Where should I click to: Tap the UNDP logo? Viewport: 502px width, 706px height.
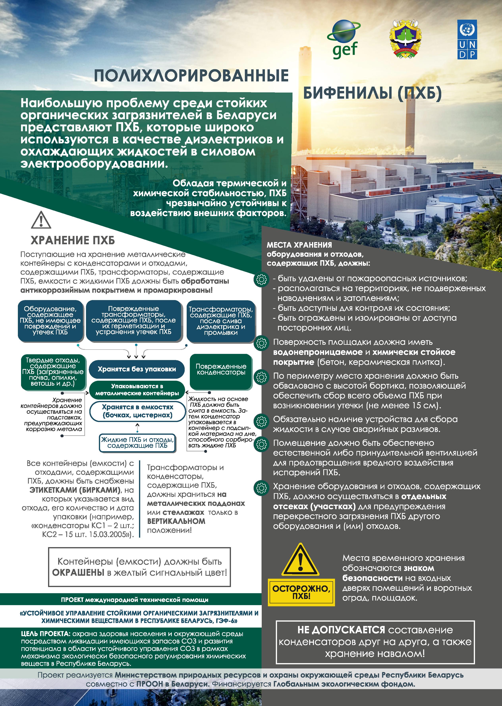tap(467, 40)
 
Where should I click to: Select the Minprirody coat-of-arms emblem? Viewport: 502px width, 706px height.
tap(405, 40)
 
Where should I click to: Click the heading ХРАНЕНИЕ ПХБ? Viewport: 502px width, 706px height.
tap(73, 240)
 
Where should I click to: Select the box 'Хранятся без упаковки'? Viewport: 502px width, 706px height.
tap(137, 369)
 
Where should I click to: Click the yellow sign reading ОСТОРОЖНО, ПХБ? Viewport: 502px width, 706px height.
tap(301, 592)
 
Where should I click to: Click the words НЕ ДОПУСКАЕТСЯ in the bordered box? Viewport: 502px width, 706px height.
tap(341, 630)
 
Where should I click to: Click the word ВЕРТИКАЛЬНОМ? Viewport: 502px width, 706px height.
tap(176, 521)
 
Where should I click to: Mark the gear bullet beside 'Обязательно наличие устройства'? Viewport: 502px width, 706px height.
tap(262, 421)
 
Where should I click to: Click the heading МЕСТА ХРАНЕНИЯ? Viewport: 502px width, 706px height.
tap(299, 245)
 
